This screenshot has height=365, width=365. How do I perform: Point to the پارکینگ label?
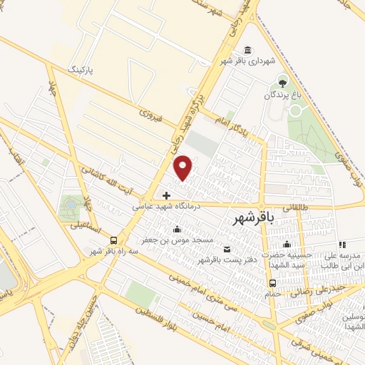coord(80,70)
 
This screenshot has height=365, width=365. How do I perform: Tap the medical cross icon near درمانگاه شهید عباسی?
coord(166,195)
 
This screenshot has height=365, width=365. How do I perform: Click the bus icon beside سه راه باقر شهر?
coord(115,240)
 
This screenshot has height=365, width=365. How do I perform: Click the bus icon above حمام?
coord(272,283)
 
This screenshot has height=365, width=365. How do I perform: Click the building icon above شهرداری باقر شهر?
coord(247,49)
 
